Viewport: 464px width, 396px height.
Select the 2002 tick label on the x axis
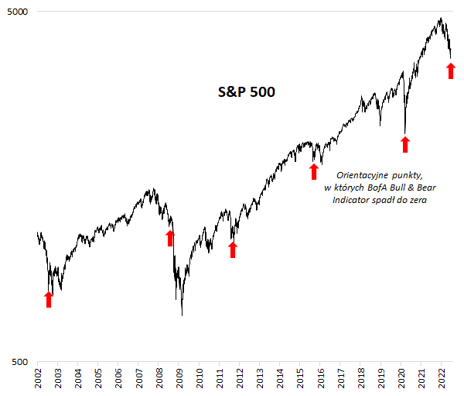click(x=38, y=381)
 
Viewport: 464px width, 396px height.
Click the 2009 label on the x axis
click(x=179, y=381)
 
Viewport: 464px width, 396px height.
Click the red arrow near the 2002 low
click(x=49, y=299)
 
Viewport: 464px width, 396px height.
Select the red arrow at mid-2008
click(x=170, y=237)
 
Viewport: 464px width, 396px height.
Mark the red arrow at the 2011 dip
click(x=233, y=249)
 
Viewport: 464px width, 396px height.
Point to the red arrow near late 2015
click(x=314, y=170)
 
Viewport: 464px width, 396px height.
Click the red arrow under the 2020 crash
click(x=404, y=143)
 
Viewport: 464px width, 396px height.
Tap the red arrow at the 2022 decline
click(x=452, y=71)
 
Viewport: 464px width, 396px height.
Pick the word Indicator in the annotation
click(x=351, y=200)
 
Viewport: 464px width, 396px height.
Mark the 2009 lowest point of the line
click(x=182, y=315)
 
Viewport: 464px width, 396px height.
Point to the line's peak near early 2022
click(x=440, y=19)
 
